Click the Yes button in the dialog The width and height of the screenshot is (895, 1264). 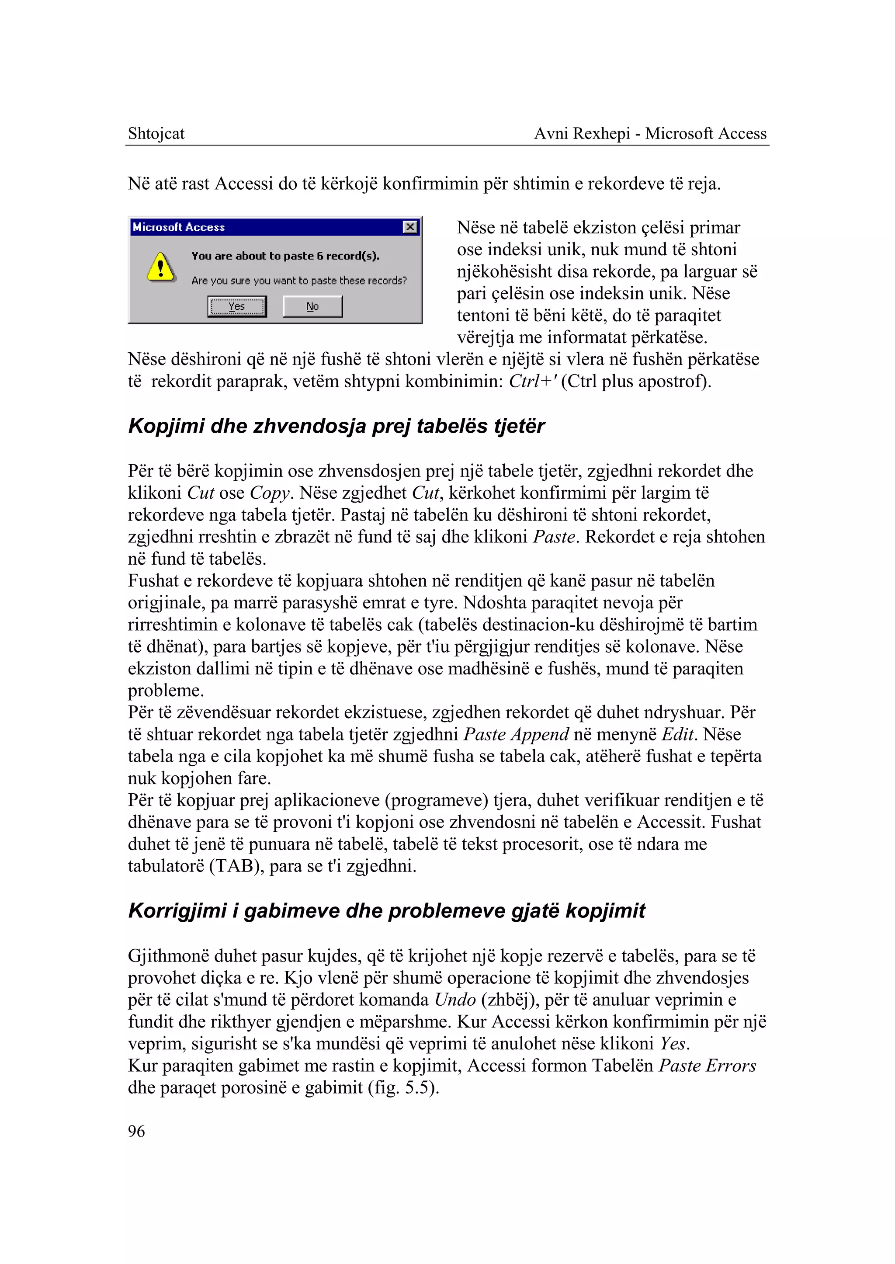coord(237,306)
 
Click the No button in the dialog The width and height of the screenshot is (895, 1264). coord(312,306)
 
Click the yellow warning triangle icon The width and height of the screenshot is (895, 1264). coord(161,267)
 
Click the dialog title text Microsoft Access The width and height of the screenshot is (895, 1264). coord(179,227)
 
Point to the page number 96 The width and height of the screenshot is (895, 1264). coord(136,1131)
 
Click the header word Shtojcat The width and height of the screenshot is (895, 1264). coord(156,133)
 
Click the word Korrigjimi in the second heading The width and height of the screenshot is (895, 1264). coord(177,911)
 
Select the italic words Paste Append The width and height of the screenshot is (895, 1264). coord(516,734)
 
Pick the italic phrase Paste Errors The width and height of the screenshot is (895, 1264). coord(707,1066)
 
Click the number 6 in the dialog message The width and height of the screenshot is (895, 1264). coord(319,256)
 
